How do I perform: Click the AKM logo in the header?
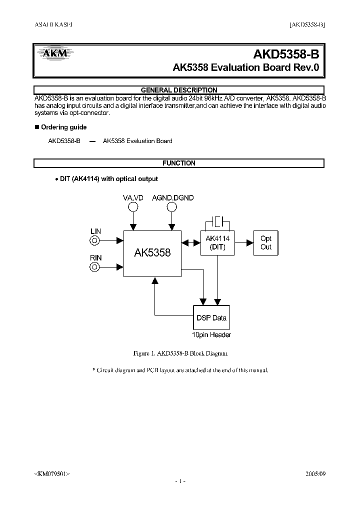pos(53,53)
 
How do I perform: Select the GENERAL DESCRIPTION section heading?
pos(179,90)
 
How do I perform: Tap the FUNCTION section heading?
pos(179,163)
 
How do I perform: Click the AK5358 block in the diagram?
pos(152,253)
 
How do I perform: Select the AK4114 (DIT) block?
pos(217,243)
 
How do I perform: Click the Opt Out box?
pos(266,243)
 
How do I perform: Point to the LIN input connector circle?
pos(94,241)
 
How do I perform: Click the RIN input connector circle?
pos(94,266)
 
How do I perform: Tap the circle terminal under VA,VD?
pos(133,207)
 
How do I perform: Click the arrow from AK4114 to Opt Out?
pos(244,242)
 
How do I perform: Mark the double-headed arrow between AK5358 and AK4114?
pos(190,243)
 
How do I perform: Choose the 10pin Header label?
pos(211,334)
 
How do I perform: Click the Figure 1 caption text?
pos(180,353)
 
